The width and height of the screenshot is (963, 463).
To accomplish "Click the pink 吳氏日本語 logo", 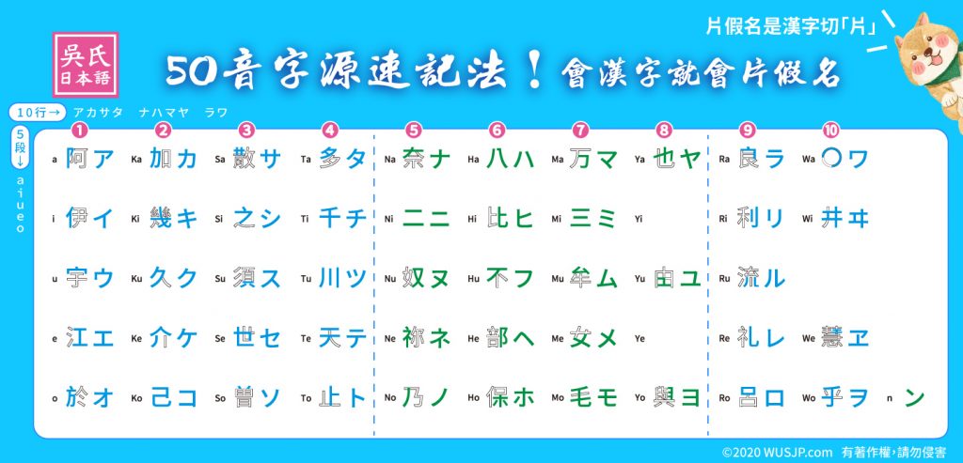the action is tap(86, 65).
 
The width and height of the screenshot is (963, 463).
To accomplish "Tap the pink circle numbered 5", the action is tap(414, 130).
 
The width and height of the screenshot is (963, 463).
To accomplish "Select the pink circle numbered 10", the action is tap(831, 130).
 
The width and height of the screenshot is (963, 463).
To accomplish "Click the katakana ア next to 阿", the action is tap(103, 159).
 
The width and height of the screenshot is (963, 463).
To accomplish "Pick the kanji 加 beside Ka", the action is tap(160, 159).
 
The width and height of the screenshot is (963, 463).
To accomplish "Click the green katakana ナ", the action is tap(439, 159).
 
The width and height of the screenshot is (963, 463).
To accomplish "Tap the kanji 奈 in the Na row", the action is tap(414, 159).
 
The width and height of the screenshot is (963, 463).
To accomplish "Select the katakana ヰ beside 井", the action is tap(858, 218).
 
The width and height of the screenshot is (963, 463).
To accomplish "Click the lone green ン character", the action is tap(914, 397).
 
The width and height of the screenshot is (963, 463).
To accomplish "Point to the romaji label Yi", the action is tap(639, 219).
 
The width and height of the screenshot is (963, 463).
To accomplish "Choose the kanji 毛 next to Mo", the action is tap(581, 397).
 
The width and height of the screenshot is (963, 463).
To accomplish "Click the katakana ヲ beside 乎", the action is tap(858, 397).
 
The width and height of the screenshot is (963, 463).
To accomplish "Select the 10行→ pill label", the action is tap(38, 113).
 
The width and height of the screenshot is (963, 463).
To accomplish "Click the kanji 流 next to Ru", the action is tap(749, 278).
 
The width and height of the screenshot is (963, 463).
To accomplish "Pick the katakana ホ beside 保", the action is tap(523, 397).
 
